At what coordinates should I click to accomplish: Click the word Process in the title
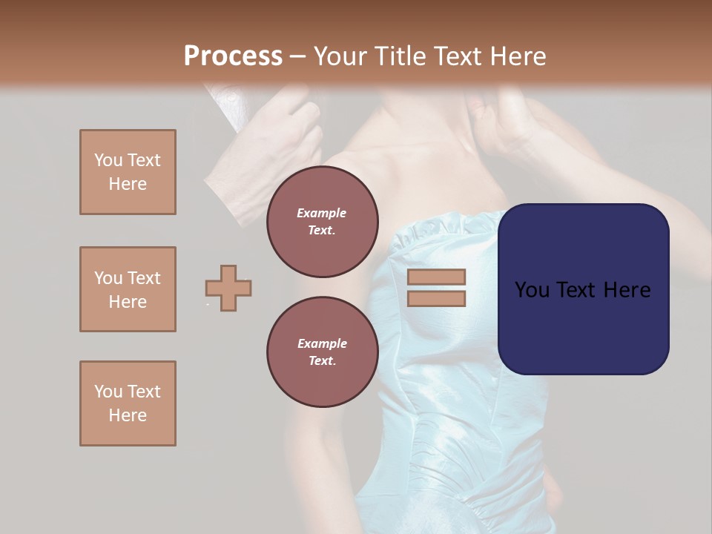click(233, 56)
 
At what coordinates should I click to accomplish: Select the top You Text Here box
click(128, 172)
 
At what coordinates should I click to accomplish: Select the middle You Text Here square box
click(128, 289)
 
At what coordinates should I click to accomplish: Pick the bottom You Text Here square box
click(128, 403)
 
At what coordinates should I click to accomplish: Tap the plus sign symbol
click(228, 288)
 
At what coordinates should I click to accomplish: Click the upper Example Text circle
click(322, 222)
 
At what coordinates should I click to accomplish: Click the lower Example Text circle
click(322, 352)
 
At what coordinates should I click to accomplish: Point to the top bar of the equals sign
click(436, 277)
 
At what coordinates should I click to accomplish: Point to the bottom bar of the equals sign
click(436, 299)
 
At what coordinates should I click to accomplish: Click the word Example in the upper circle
click(322, 213)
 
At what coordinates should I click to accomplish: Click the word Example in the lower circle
click(322, 343)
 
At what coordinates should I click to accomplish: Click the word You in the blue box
click(532, 290)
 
